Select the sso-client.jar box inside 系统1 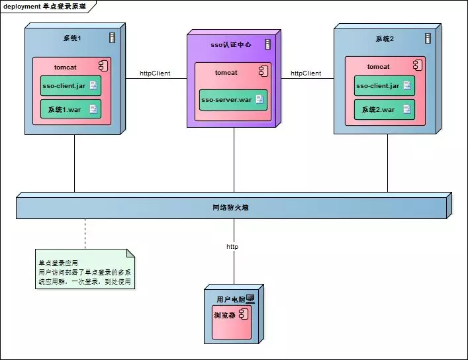[x=70, y=85]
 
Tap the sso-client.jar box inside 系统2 [x=384, y=85]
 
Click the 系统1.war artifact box [x=70, y=109]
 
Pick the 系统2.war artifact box [x=384, y=109]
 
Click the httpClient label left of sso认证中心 [x=155, y=73]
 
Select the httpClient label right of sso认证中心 [x=306, y=73]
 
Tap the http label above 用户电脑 [x=232, y=246]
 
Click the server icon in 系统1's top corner [x=112, y=38]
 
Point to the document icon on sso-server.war [x=259, y=100]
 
